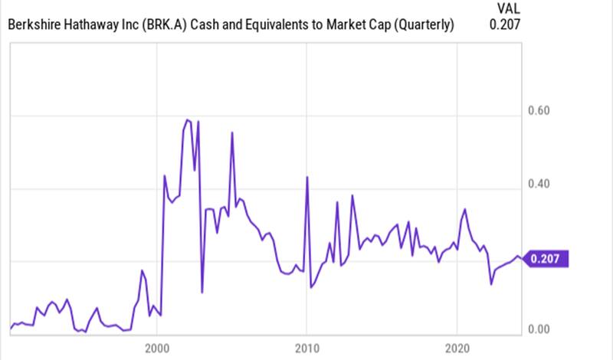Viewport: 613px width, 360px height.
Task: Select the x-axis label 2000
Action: [x=156, y=345]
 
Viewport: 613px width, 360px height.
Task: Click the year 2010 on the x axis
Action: [x=306, y=345]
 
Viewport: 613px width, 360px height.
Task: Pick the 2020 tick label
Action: [x=457, y=345]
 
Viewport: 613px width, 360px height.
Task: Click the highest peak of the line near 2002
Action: [x=187, y=119]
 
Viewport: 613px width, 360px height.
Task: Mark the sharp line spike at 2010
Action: [x=306, y=177]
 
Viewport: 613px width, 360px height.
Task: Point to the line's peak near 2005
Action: [x=231, y=133]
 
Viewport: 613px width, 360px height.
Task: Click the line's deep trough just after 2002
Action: [x=202, y=292]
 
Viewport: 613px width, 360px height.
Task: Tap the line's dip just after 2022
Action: [x=491, y=284]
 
